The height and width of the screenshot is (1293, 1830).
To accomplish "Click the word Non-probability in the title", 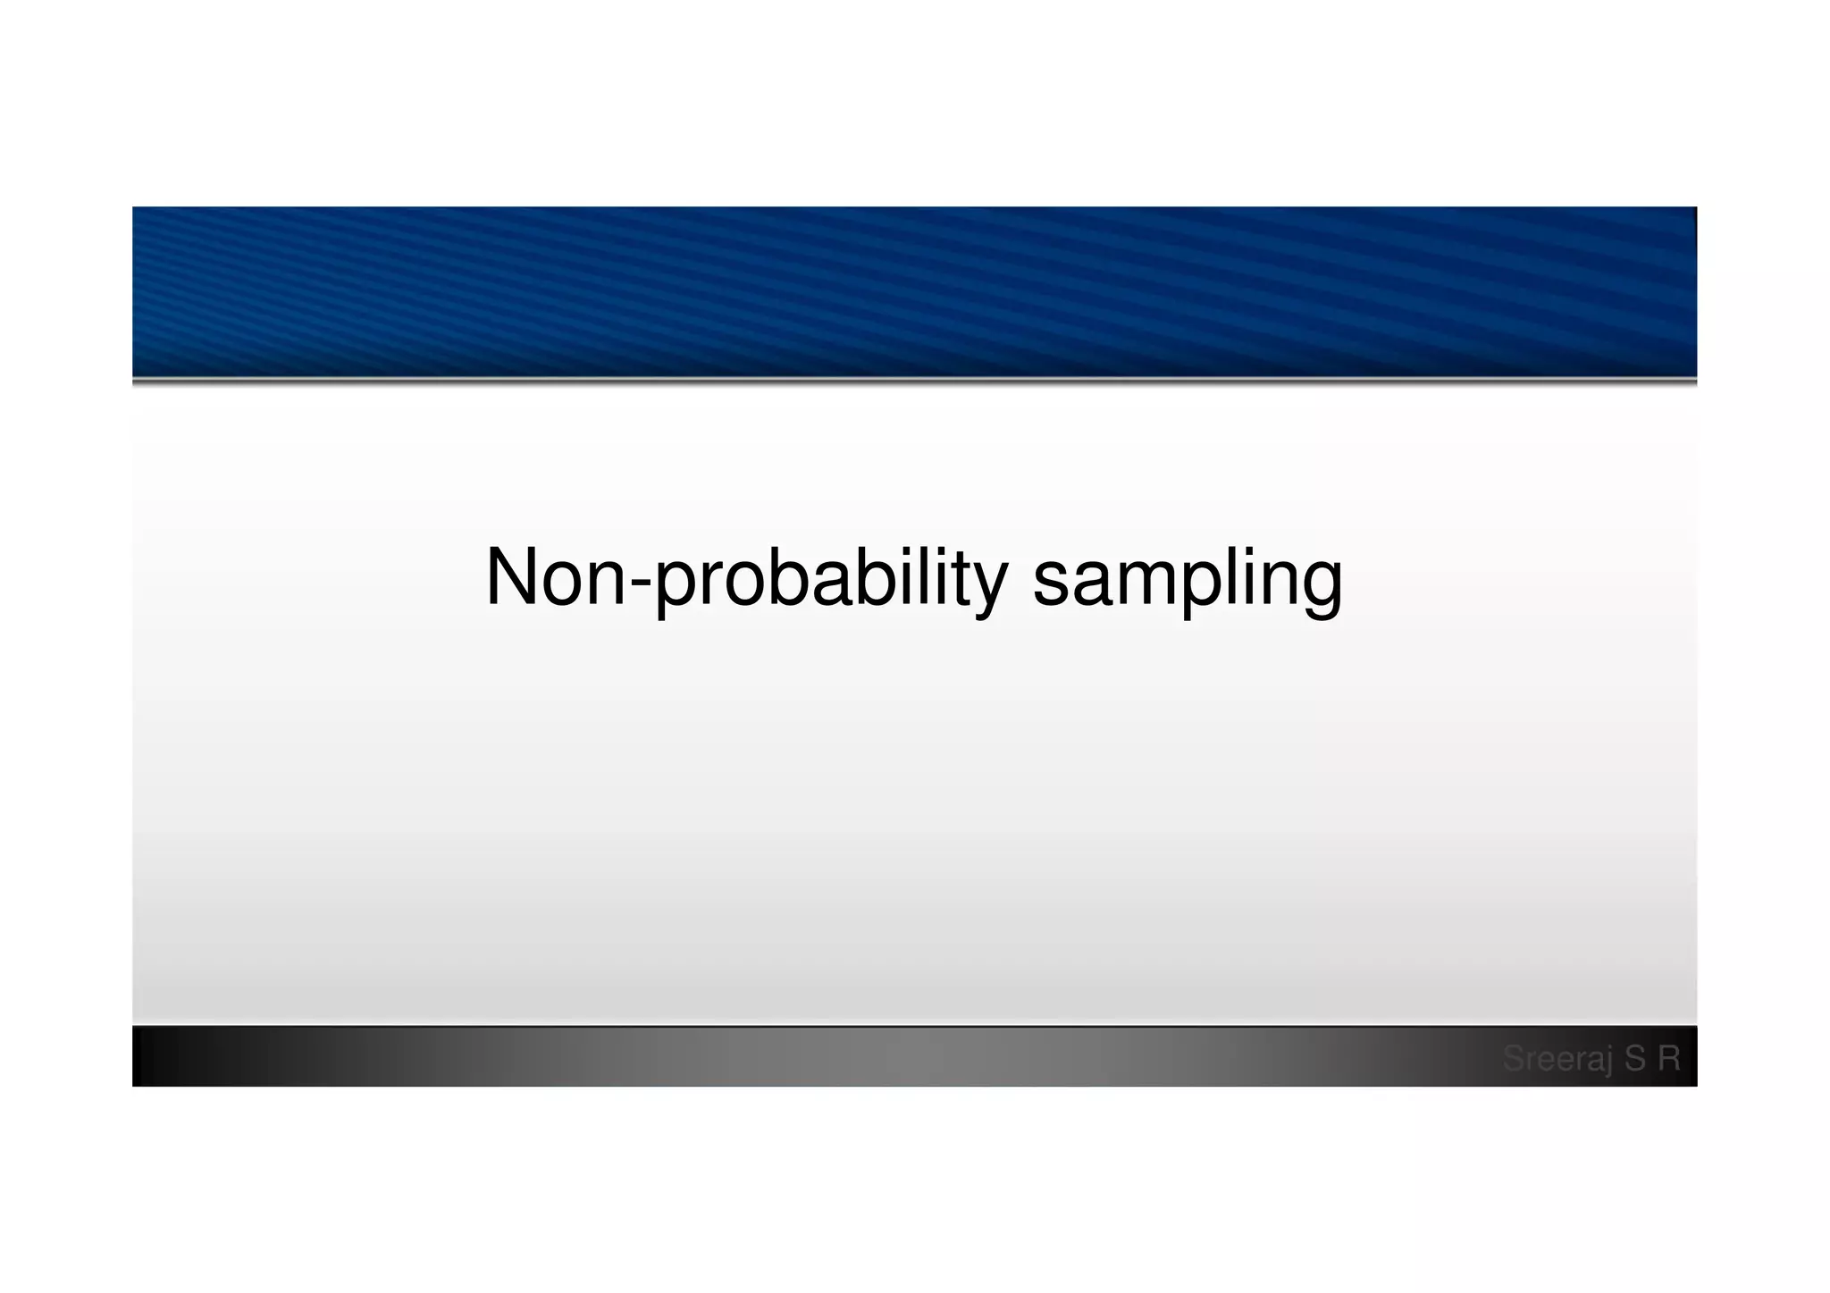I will pos(746,578).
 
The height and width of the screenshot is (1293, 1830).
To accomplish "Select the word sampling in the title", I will pos(1188,578).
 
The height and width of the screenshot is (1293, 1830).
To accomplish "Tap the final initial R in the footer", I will pos(1669,1059).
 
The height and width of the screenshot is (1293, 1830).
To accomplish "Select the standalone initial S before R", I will pos(1635,1059).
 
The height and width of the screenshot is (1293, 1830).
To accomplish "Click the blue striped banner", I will pos(914,290).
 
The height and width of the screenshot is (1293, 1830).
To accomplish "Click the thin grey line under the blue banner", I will pos(914,382).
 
